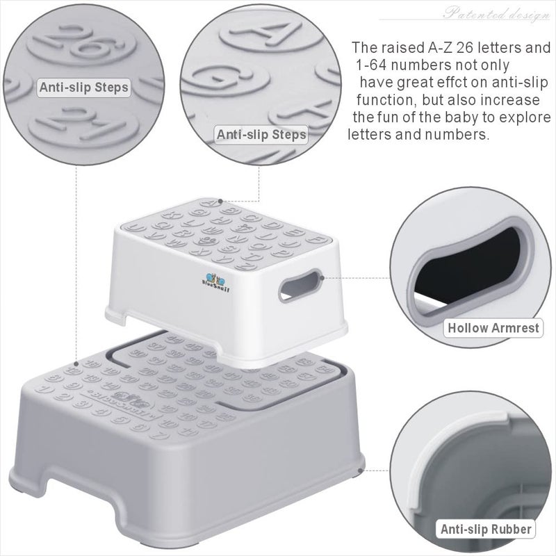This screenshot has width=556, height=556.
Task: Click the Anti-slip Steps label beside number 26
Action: click(83, 88)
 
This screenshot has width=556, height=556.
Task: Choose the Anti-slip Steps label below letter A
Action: click(261, 133)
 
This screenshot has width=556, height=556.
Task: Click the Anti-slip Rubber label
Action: click(486, 530)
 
